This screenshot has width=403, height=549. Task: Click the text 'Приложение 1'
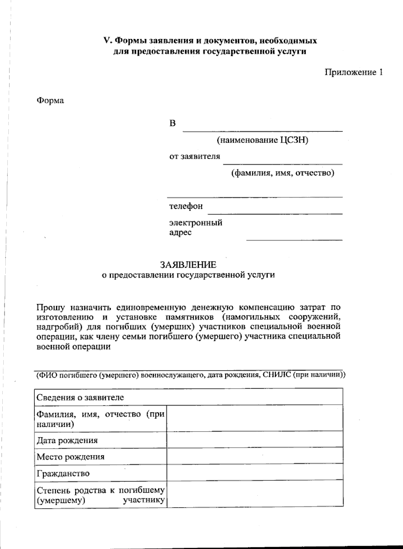(x=353, y=72)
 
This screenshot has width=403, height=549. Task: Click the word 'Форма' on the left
(x=50, y=100)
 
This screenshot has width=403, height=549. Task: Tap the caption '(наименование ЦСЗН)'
(x=262, y=140)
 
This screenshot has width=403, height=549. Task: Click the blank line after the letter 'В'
(x=262, y=129)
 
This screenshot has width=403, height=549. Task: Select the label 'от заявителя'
(x=194, y=156)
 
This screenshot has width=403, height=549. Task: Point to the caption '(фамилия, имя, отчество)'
(x=282, y=173)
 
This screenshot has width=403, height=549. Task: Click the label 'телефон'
(x=186, y=206)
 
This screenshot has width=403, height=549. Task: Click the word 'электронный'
(x=195, y=223)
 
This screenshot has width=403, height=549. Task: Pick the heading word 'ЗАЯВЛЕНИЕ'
(x=188, y=265)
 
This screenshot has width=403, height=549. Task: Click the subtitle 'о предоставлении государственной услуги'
(x=188, y=275)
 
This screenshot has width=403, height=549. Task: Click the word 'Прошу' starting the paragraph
(x=51, y=307)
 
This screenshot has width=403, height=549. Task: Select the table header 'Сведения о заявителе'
(x=80, y=398)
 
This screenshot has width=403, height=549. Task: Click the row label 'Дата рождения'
(x=67, y=440)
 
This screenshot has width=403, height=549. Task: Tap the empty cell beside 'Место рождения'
(x=255, y=456)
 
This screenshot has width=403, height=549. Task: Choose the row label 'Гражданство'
(x=63, y=473)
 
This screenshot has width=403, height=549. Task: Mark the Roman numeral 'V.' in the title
(x=107, y=41)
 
